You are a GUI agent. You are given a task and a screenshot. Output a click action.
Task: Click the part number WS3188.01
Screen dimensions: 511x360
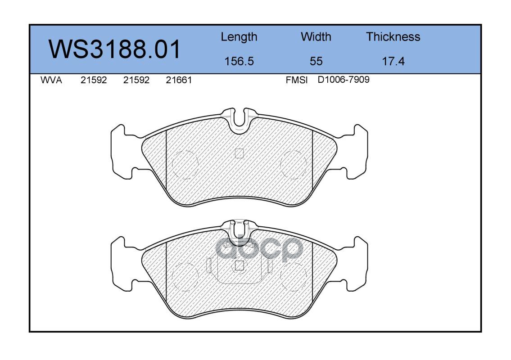114,49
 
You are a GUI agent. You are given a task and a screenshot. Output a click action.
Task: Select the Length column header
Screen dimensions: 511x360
239,37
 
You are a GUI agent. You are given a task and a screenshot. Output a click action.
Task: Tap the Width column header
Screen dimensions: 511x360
316,37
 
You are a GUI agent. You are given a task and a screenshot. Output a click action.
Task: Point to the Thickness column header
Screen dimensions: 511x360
393,37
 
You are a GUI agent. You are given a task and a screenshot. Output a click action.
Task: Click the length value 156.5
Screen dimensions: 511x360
239,61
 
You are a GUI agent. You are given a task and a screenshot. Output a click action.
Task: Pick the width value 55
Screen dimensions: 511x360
316,61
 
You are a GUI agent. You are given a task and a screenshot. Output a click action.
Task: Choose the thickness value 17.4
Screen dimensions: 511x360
393,61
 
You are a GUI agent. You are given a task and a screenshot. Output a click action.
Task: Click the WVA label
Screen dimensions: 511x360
51,80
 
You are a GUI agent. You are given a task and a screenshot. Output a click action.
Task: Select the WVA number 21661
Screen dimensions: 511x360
179,80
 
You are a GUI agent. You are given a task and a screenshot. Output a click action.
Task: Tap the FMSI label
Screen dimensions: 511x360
297,80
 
